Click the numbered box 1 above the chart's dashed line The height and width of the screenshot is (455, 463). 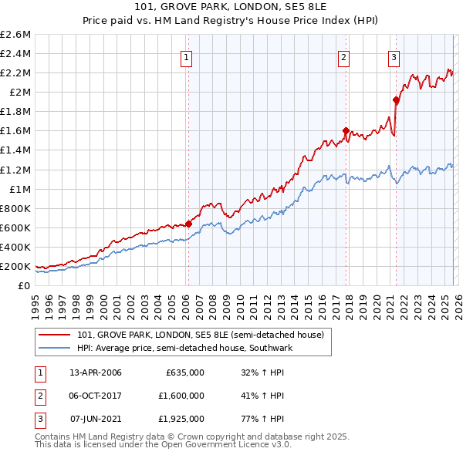point(188,56)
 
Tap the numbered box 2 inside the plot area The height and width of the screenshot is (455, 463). point(343,56)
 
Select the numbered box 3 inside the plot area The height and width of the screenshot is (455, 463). point(394,56)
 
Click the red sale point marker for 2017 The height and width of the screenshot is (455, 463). point(346,130)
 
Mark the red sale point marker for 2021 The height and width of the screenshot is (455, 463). point(396,99)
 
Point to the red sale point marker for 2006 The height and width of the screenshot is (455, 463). point(188,224)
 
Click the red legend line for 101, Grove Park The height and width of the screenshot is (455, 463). point(55,335)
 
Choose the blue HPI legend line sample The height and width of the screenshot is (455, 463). point(55,348)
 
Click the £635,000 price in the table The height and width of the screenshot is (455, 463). point(184,372)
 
